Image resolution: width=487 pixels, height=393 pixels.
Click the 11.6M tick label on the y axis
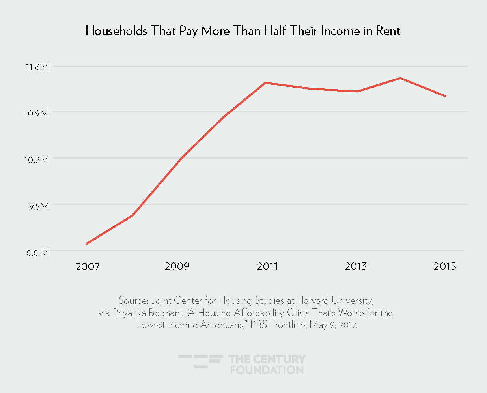(37, 67)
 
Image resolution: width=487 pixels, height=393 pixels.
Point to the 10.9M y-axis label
(37, 113)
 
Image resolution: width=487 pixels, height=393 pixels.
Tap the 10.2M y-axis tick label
(37, 159)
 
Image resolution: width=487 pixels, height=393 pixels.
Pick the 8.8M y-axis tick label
(37, 253)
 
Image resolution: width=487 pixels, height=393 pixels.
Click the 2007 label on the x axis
(88, 267)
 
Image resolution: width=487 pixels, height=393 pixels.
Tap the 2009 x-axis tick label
(177, 266)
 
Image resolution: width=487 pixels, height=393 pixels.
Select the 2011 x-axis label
(267, 266)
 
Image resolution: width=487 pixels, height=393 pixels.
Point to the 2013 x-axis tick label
(356, 266)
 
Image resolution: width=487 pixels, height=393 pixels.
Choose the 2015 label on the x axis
(445, 266)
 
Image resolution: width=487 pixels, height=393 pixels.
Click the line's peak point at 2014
(400, 78)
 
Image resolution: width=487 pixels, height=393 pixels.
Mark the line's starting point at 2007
(86, 244)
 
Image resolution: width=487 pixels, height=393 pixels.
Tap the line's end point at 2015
(446, 96)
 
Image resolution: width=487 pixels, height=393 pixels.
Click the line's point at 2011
(265, 83)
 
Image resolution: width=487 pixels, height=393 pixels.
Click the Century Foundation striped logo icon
(201, 361)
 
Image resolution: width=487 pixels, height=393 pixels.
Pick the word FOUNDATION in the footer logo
(267, 370)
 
